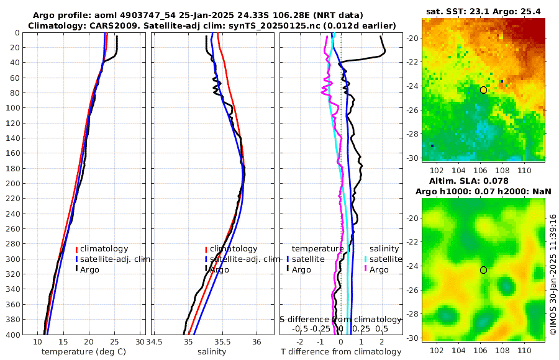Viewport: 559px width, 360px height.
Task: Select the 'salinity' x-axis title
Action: tap(211, 352)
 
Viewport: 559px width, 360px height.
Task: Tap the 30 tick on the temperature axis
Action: tap(140, 342)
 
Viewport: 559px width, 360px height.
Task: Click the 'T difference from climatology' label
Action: tap(341, 352)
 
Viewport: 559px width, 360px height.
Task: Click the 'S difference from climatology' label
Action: tap(340, 319)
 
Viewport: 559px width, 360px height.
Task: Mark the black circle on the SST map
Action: tap(483, 90)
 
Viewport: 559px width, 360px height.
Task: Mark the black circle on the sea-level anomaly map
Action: tap(483, 270)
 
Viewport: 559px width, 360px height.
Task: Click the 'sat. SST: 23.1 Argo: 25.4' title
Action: tap(483, 11)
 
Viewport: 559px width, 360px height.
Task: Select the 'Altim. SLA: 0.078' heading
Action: tap(483, 180)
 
